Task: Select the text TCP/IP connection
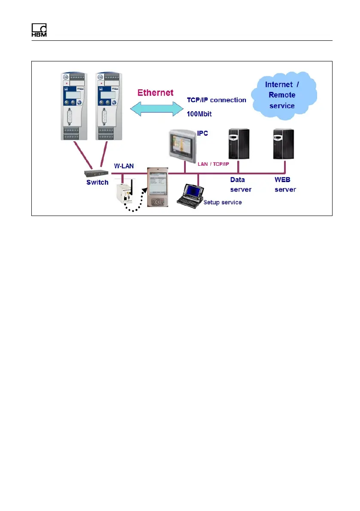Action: pos(217,100)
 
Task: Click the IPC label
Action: pos(203,134)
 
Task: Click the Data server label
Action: pos(241,184)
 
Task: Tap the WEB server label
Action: pos(285,184)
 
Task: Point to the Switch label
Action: pos(97,183)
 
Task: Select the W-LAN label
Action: pos(123,165)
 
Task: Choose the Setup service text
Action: pos(223,202)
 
